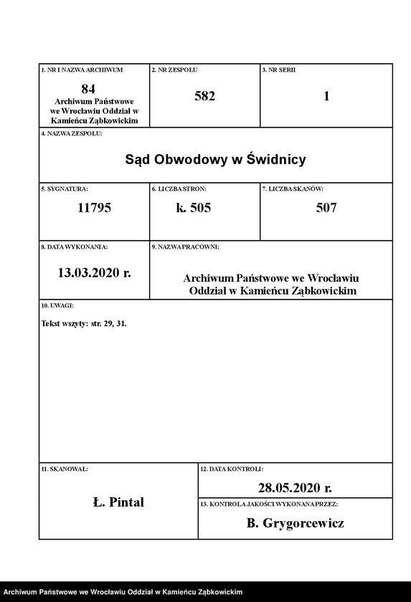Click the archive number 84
click(88, 89)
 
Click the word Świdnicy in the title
click(275, 159)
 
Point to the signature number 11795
click(94, 209)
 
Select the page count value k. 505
click(194, 209)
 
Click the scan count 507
click(326, 209)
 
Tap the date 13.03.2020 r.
click(94, 272)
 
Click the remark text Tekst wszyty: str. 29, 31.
click(85, 323)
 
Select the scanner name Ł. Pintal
click(118, 502)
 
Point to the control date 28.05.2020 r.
click(295, 488)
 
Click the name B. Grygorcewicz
click(295, 523)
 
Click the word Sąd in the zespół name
click(139, 159)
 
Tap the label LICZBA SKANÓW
click(295, 188)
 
